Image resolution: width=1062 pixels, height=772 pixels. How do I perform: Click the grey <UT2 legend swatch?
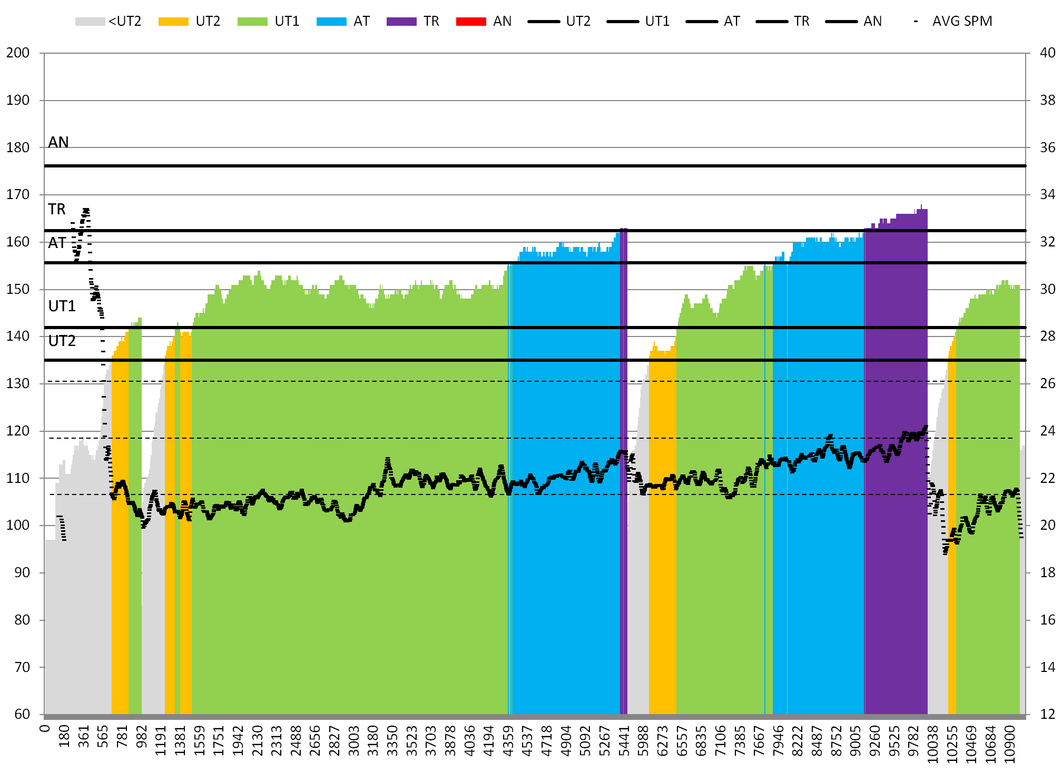pyautogui.click(x=90, y=22)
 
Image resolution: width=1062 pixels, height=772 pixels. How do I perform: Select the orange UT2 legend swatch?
pyautogui.click(x=173, y=22)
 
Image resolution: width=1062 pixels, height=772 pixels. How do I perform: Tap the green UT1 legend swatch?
pyautogui.click(x=252, y=22)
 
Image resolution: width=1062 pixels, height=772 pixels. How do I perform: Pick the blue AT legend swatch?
pyautogui.click(x=331, y=22)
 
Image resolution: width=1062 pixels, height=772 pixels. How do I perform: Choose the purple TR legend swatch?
pyautogui.click(x=401, y=22)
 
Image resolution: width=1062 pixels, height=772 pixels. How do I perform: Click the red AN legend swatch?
pyautogui.click(x=471, y=22)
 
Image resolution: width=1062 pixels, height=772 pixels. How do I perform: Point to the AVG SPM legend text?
pyautogui.click(x=962, y=22)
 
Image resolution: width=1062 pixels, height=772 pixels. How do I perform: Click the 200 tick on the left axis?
pyautogui.click(x=18, y=53)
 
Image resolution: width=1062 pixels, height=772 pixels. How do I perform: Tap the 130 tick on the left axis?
pyautogui.click(x=18, y=383)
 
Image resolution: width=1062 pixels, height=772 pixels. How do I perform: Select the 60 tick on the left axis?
pyautogui.click(x=22, y=714)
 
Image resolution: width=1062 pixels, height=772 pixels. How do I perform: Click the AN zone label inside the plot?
pyautogui.click(x=58, y=142)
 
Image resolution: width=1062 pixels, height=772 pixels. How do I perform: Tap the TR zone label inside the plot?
pyautogui.click(x=57, y=209)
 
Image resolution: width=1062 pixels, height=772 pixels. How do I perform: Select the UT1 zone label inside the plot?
pyautogui.click(x=62, y=306)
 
